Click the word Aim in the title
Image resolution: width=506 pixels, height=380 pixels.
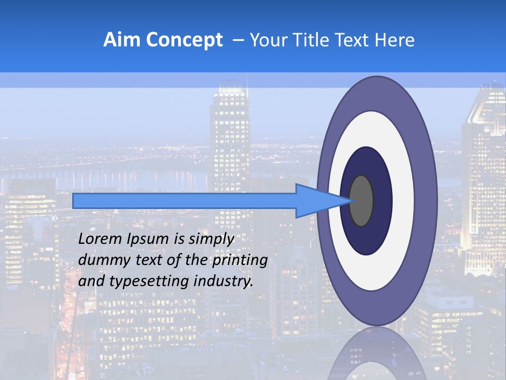[x=123, y=40]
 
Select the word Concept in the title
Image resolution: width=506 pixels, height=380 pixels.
[x=184, y=40]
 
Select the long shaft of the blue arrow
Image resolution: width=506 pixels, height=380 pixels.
[x=184, y=201]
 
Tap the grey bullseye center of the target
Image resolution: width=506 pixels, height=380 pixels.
[x=361, y=201]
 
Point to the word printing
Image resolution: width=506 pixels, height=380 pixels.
[x=239, y=261]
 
